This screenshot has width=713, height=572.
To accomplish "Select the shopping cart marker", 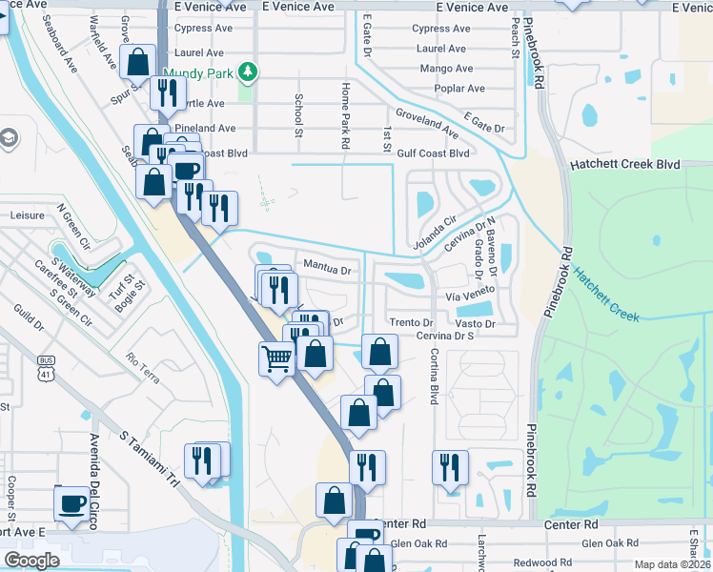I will pos(276,359).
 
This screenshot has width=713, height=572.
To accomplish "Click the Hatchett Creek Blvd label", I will pos(624,164).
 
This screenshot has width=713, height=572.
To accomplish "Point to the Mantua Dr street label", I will pos(327,269).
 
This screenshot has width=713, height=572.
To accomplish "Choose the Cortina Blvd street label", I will pos(433,375).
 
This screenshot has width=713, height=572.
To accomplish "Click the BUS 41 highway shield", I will pos(46,363).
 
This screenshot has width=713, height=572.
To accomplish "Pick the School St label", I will pos(298,115).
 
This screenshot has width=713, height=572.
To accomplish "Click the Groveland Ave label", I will pos(427,121).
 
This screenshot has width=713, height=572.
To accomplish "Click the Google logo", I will pos(31,561).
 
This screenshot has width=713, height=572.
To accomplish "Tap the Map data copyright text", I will pos(672,564).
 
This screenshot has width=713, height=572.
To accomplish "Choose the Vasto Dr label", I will pos(475,324).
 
